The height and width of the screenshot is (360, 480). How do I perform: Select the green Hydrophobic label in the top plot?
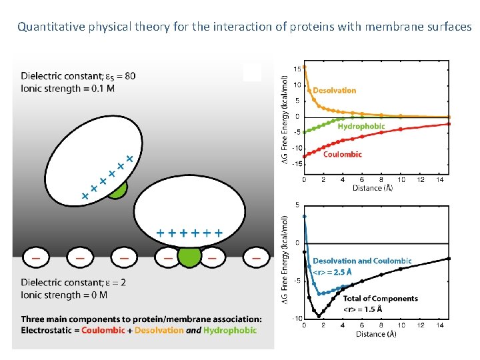(x=361, y=126)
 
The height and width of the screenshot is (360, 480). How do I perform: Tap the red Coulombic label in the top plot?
(x=343, y=154)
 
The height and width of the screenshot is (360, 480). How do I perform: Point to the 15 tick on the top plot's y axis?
(x=297, y=69)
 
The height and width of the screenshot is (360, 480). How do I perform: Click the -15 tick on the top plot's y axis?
(x=295, y=163)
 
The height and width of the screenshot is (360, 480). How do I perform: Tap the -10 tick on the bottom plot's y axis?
(x=295, y=318)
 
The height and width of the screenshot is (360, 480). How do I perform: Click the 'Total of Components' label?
(x=380, y=299)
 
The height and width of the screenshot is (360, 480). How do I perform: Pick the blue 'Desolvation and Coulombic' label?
(x=362, y=261)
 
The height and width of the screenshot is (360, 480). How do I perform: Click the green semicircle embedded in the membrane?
(x=189, y=257)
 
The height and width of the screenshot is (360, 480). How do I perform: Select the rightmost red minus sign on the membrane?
(x=256, y=256)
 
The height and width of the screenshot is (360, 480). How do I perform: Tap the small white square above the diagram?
(x=252, y=72)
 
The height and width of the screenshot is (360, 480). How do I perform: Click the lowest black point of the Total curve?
(x=319, y=315)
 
